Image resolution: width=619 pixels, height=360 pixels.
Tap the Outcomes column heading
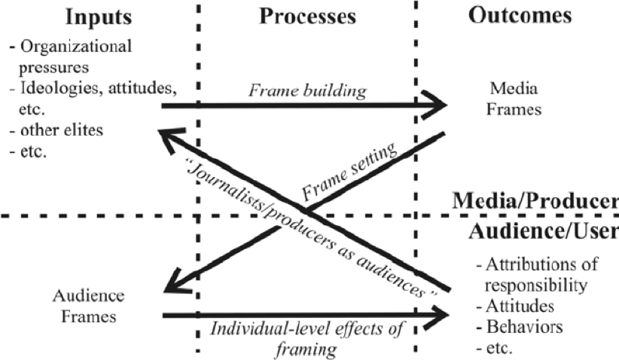point(520,16)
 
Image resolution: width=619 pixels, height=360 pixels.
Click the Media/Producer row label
point(535,202)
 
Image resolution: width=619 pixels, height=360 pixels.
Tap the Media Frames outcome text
point(516,99)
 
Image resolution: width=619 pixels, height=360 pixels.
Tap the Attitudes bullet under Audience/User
point(515,307)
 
